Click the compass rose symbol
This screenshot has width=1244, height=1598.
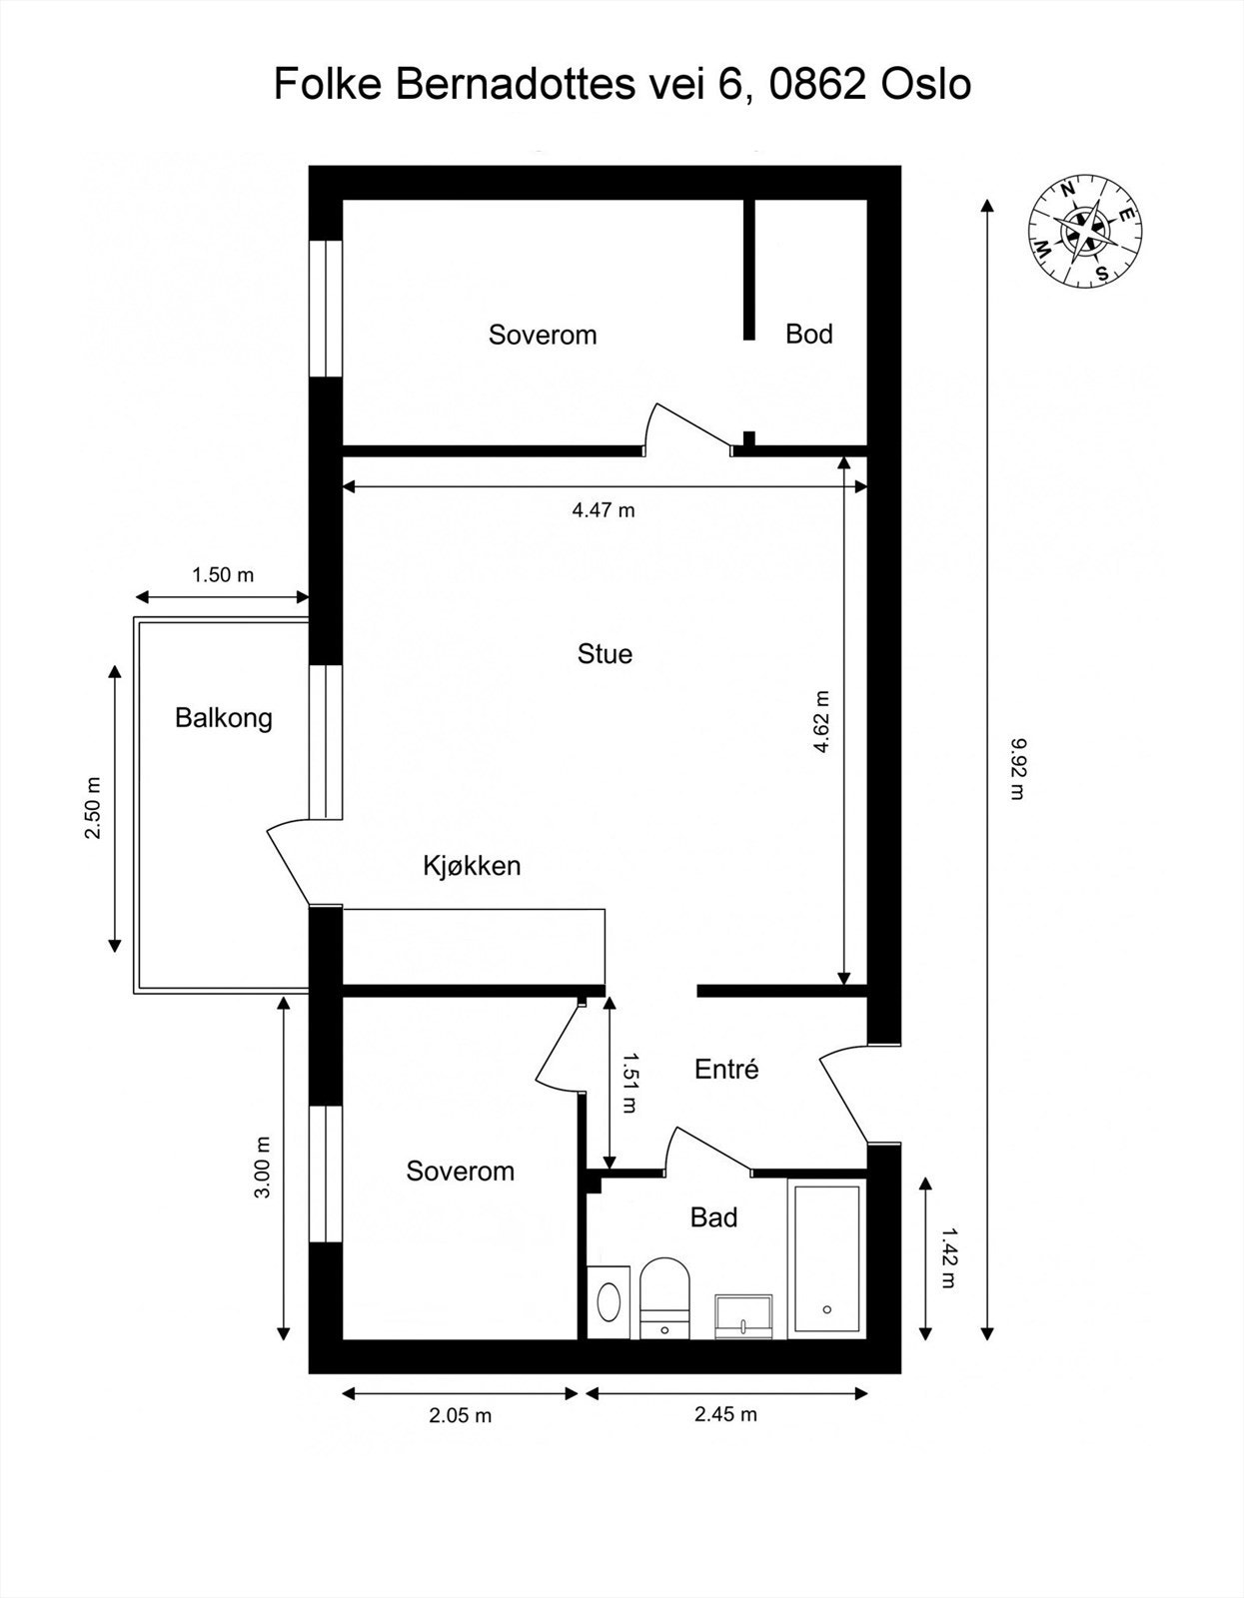coord(1086,231)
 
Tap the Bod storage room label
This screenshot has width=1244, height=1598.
coord(809,334)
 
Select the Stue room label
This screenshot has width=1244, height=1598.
coord(605,654)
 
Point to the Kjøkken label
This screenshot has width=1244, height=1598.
coord(472,866)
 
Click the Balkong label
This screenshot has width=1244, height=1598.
coord(224,718)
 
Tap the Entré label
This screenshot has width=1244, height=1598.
coord(726,1069)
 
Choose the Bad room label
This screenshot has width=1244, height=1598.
coord(713,1217)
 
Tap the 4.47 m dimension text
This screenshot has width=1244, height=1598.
coord(604,509)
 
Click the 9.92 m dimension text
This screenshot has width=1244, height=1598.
coord(1017,769)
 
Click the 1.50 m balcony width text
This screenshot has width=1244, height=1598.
coord(223,574)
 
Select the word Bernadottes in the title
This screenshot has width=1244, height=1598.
coord(515,84)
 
